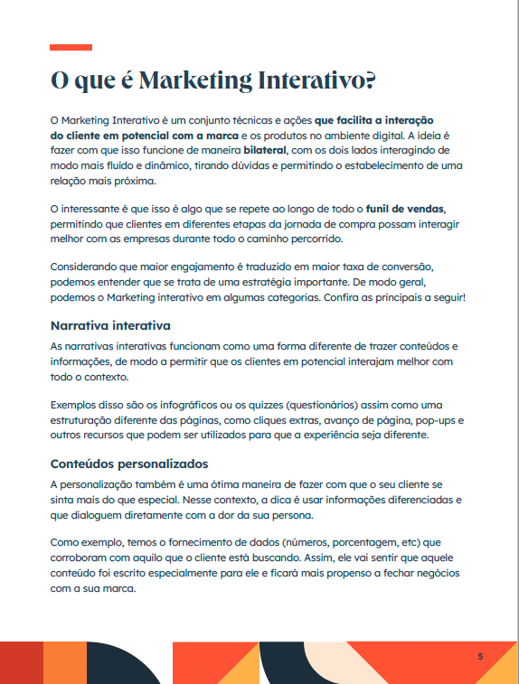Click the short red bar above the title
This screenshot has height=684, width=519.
point(71,47)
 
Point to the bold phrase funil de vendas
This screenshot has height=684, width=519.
point(406,210)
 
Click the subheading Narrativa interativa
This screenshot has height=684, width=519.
point(110,324)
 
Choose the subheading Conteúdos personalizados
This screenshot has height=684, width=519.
point(128,464)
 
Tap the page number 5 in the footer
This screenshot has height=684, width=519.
point(480,656)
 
